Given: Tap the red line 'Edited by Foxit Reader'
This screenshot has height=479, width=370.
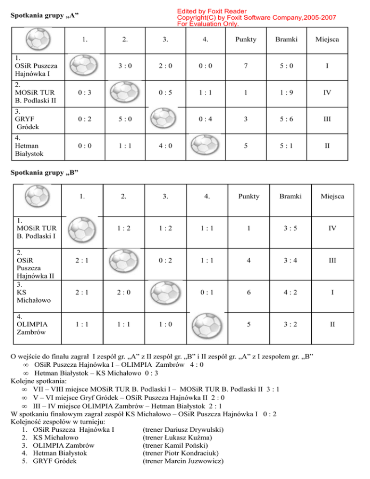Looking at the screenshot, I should [211, 11].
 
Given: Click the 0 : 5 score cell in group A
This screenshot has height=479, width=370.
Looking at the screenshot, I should [165, 93].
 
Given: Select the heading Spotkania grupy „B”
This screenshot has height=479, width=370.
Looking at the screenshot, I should [44, 172].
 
